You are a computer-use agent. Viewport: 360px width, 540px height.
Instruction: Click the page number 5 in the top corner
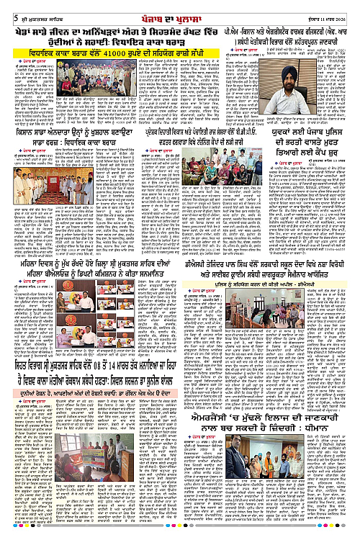(5, 9)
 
